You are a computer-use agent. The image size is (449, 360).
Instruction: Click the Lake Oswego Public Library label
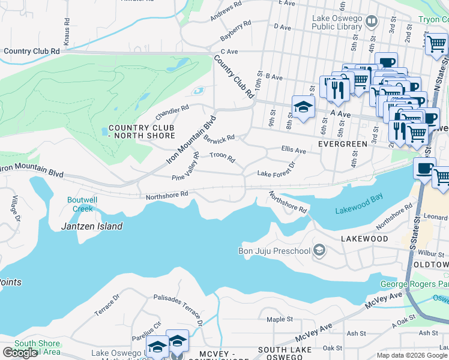click(x=337, y=22)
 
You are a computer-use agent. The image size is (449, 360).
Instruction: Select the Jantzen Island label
click(x=92, y=226)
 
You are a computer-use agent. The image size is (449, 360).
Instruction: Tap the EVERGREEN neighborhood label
click(x=342, y=144)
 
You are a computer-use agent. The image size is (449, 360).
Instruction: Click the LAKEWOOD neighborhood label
click(x=364, y=238)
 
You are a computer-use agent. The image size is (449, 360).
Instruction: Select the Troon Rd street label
click(x=222, y=159)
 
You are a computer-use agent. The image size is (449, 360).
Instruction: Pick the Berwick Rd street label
click(x=218, y=139)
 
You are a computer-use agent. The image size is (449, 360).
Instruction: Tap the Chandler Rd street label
click(x=172, y=112)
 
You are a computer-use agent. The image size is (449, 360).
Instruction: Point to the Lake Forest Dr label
click(x=277, y=170)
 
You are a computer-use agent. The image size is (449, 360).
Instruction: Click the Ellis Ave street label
click(x=294, y=150)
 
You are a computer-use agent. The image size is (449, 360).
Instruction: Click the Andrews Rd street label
click(x=226, y=11)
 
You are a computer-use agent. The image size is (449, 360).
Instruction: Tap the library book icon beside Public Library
click(x=372, y=22)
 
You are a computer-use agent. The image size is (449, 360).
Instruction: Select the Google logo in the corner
click(x=20, y=353)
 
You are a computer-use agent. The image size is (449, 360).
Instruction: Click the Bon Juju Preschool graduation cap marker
click(x=319, y=250)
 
